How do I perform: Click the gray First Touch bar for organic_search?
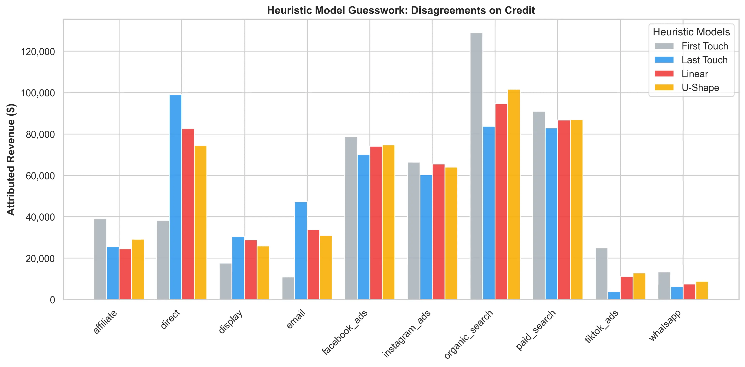click(x=476, y=166)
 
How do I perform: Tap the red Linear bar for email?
click(x=313, y=264)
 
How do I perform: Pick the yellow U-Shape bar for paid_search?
click(x=576, y=209)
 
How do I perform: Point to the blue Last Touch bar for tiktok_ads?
click(x=614, y=295)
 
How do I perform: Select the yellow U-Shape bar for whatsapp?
click(x=702, y=290)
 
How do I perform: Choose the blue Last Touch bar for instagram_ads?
click(x=426, y=237)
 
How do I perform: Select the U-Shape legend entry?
click(x=700, y=88)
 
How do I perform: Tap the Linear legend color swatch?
click(x=664, y=74)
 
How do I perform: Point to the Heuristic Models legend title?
click(x=691, y=32)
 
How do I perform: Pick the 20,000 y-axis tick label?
click(x=40, y=259)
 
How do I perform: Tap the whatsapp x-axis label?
click(x=665, y=325)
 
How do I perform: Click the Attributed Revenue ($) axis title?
click(x=11, y=159)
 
